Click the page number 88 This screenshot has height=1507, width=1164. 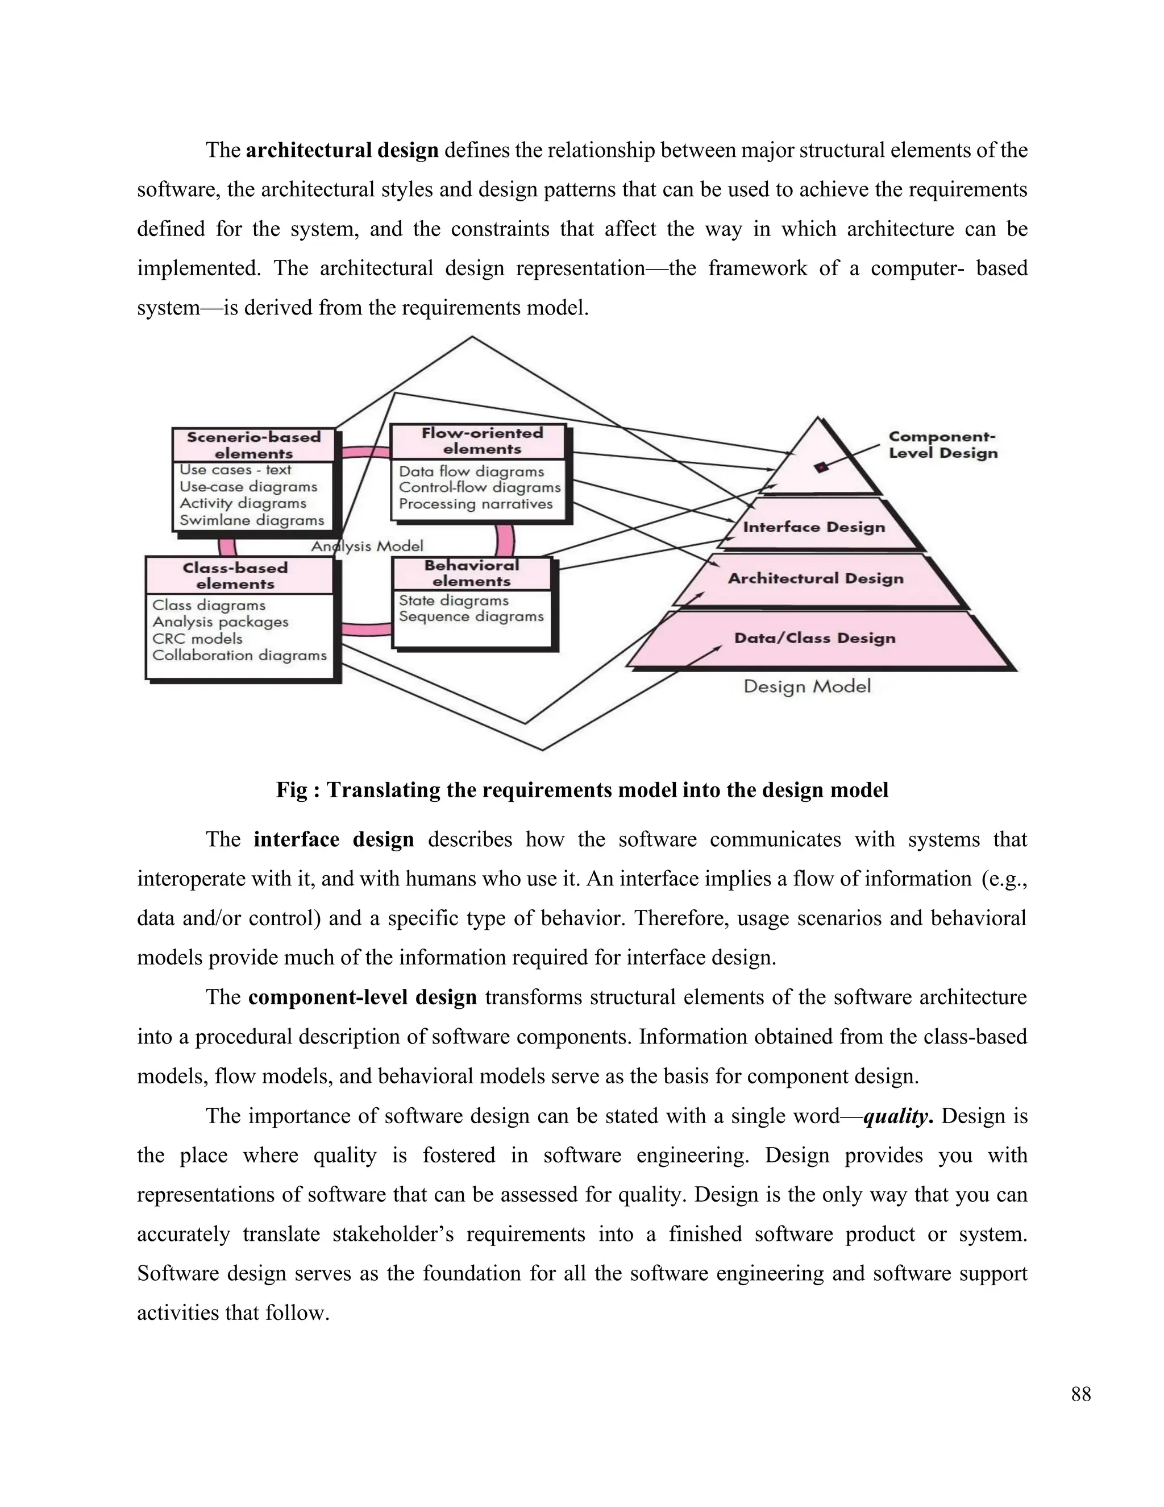[1080, 1394]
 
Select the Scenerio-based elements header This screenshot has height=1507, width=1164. [253, 445]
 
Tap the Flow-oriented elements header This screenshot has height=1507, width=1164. [481, 441]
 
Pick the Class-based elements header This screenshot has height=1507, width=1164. [235, 576]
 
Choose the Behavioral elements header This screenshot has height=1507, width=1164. [472, 573]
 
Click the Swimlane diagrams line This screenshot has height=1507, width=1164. [252, 520]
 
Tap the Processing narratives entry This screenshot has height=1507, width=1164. [476, 504]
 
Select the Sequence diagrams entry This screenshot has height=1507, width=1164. [471, 616]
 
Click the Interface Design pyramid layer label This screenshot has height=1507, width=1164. [814, 527]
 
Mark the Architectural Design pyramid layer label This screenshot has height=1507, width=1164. [816, 578]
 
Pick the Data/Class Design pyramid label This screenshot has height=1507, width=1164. [814, 637]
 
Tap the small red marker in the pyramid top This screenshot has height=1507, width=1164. [821, 468]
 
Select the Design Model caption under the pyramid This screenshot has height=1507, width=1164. [807, 686]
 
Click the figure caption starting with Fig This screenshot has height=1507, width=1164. [582, 789]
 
